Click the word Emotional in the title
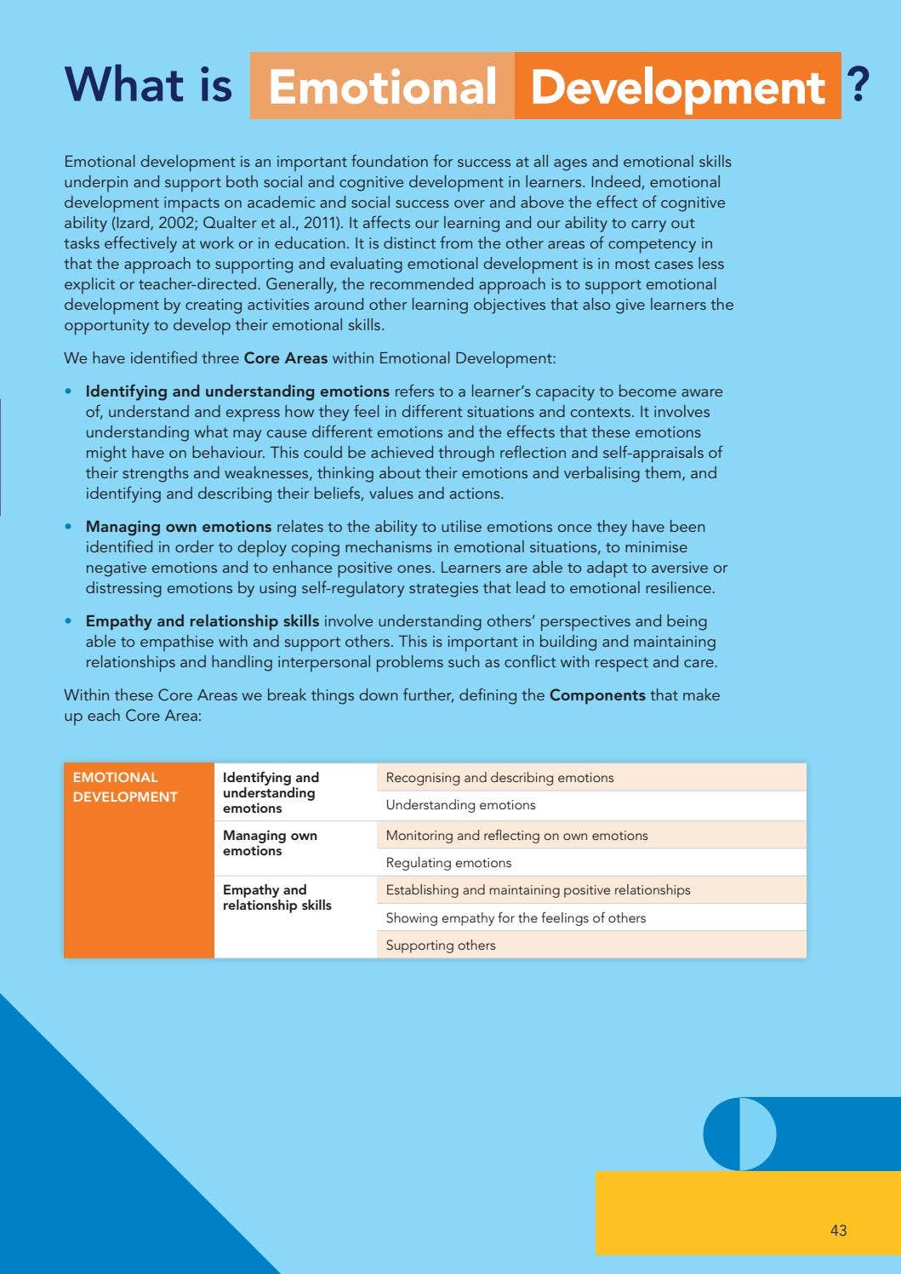coord(382,87)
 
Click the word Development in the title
coord(677,87)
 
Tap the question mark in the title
coord(858,85)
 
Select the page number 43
coord(838,1230)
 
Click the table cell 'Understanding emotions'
coord(460,805)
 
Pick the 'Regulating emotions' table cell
coord(448,863)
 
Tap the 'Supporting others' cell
coord(440,946)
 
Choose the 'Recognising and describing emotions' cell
coord(499,778)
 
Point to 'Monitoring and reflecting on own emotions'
coord(516,836)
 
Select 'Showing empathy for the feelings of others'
coord(516,918)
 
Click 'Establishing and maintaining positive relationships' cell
coord(538,890)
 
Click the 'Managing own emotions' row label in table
coord(270,843)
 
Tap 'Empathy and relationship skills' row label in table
coord(277,898)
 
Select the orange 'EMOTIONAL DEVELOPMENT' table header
coord(125,787)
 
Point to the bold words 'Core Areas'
coord(285,358)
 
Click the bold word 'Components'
coord(597,695)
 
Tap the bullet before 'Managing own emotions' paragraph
coord(68,527)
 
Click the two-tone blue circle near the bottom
coord(739,1134)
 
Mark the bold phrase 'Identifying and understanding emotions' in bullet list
coord(237,391)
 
